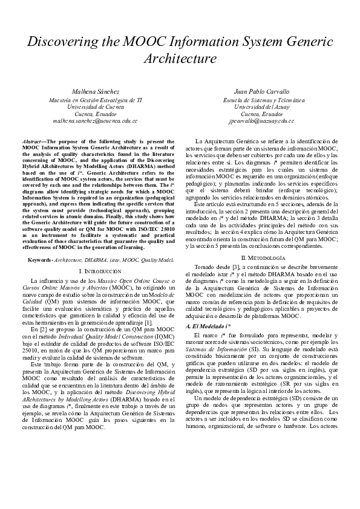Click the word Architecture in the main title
[180, 59]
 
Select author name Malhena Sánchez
[96, 91]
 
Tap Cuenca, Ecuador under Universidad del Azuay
[261, 114]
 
